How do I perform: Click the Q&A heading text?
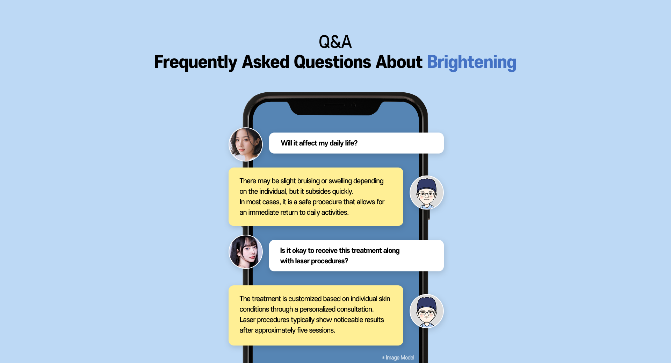pos(335,42)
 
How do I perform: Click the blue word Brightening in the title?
pos(471,62)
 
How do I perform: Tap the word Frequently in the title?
pos(195,62)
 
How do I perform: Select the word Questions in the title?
pos(332,62)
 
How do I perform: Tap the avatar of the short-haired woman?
pos(246,144)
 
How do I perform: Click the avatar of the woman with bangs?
pos(246,252)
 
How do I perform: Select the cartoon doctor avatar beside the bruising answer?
pos(426,192)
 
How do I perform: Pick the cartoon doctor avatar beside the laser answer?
pos(426,311)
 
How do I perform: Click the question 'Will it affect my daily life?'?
pos(319,143)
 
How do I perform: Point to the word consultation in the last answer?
pos(354,309)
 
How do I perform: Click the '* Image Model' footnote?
pos(398,357)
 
